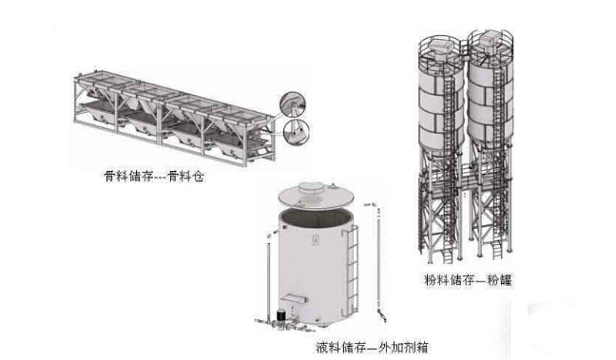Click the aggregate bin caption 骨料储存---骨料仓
(x=154, y=177)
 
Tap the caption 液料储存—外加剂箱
(x=372, y=347)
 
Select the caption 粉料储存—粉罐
(x=469, y=280)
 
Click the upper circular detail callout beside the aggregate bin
(x=293, y=104)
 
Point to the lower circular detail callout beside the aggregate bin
(x=297, y=132)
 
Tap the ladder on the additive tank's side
(x=351, y=272)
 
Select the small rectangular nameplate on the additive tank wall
(x=315, y=240)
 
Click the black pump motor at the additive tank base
(x=281, y=315)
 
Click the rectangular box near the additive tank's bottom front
(x=294, y=299)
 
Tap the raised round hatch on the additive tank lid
(x=313, y=188)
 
